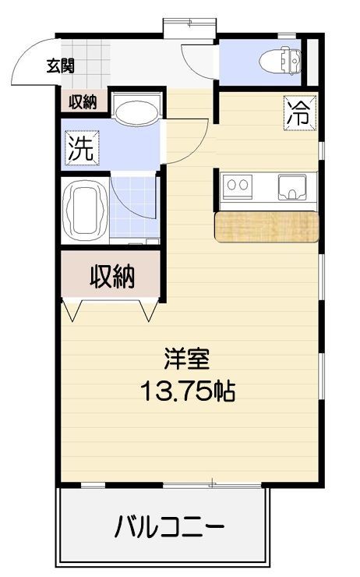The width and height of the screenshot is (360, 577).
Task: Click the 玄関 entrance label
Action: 61,66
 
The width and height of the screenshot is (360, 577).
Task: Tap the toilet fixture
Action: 281,60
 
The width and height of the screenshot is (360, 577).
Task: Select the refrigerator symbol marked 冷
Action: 300,112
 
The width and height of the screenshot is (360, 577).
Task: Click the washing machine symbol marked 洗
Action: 82,148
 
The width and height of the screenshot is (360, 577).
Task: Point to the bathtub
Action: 85,211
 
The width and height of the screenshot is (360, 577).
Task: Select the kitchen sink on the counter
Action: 292,188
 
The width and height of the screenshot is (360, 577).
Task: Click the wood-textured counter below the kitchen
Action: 266,227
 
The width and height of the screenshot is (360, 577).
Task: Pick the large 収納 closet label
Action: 112,276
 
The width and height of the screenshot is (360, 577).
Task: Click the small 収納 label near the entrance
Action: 83,101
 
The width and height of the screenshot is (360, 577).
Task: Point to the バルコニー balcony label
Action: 170,527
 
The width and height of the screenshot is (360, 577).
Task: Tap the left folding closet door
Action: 72,310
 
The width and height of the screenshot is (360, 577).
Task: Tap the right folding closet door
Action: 148,310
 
